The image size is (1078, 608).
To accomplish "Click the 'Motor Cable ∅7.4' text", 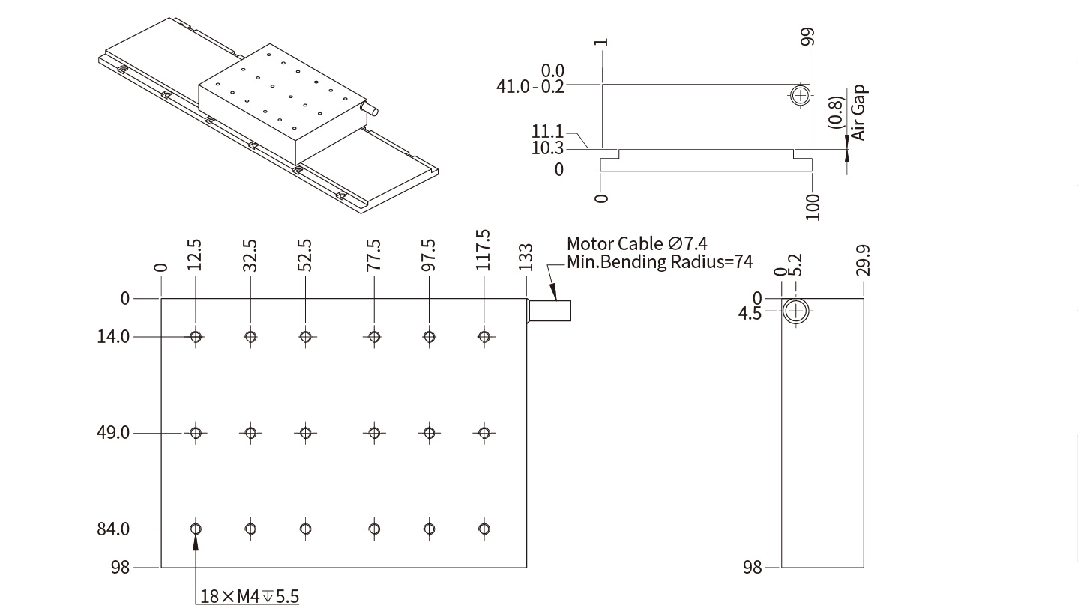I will click(636, 243).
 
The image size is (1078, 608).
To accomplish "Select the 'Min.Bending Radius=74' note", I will click(660, 262).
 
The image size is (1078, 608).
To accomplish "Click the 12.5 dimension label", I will click(196, 255).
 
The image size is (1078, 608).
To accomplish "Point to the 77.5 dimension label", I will click(373, 255).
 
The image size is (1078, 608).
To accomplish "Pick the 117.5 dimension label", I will click(484, 250).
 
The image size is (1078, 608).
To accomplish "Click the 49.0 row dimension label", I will click(113, 433).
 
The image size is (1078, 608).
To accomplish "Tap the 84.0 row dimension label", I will click(113, 529).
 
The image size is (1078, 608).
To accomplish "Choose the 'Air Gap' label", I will click(859, 113).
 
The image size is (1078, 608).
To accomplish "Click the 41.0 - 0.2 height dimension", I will click(531, 86).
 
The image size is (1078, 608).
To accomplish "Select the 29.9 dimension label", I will click(864, 260).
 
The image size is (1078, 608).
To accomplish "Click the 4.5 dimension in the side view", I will click(750, 313).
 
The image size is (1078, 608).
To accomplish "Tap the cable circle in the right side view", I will click(796, 310).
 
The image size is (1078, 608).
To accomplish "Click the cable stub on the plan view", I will click(550, 310).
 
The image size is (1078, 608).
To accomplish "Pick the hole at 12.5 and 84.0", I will click(196, 529).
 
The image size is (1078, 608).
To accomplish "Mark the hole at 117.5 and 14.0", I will click(484, 337).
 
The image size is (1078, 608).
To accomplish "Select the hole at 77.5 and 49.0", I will click(373, 433).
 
